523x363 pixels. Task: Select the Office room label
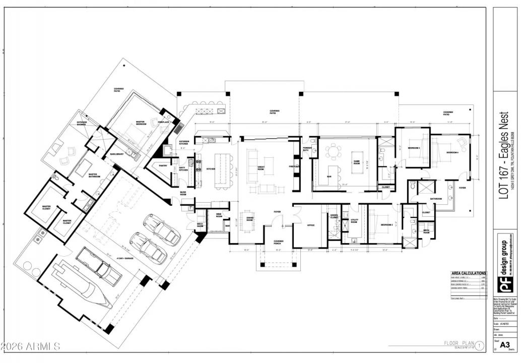(x=311, y=225)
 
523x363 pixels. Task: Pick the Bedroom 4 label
(x=451, y=152)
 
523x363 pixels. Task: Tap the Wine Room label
(x=219, y=216)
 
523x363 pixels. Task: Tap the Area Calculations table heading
(x=468, y=273)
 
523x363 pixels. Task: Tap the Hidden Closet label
(x=334, y=216)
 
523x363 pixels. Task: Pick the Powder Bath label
(x=306, y=149)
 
